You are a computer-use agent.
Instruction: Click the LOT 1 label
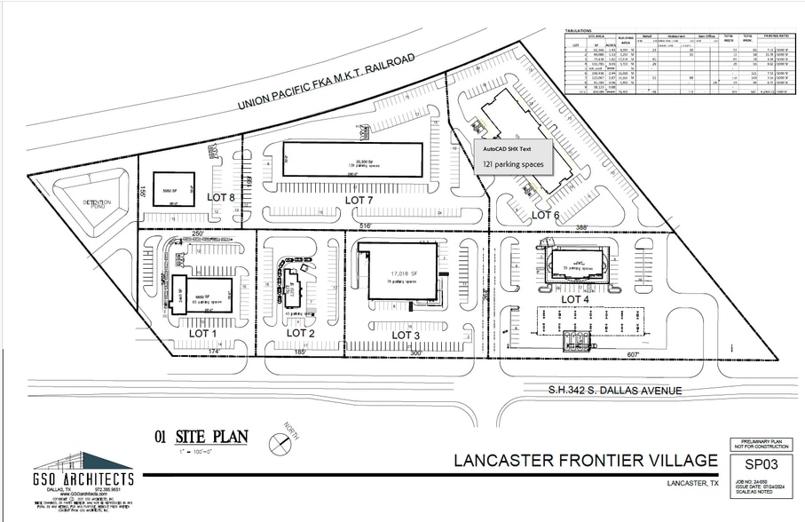coord(203,333)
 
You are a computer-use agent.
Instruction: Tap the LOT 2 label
coord(301,333)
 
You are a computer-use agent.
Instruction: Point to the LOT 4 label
coord(575,299)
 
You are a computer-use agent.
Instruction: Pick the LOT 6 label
coord(545,215)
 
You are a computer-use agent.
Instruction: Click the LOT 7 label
coord(361,202)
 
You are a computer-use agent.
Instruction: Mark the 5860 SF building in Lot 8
coord(170,189)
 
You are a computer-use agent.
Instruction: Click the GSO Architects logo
coord(84,471)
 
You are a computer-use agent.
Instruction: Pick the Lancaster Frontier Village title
coord(585,460)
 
